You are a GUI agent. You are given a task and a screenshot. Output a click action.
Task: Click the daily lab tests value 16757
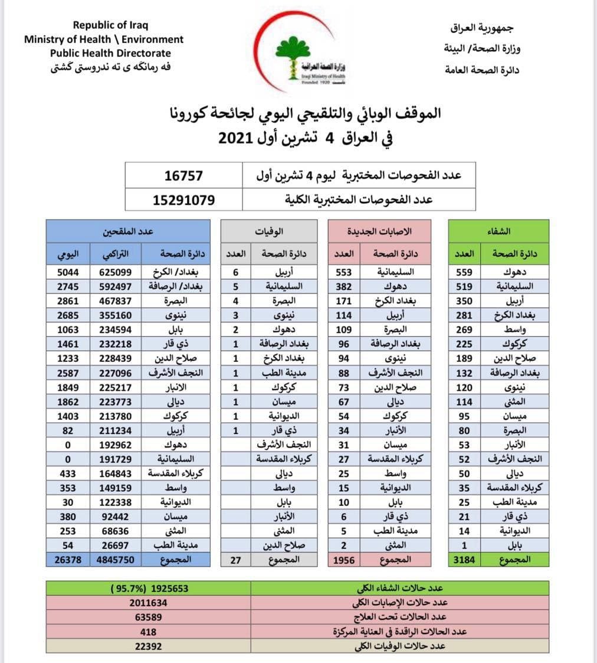click(183, 176)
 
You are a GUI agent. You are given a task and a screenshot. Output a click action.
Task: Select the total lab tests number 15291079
click(183, 200)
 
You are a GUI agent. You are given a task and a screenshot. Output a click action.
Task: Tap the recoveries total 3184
click(462, 559)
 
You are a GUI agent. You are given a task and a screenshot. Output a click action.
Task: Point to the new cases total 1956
click(343, 559)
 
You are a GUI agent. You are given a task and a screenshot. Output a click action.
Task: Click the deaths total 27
click(235, 559)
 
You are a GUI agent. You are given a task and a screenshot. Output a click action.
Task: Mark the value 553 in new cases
click(343, 272)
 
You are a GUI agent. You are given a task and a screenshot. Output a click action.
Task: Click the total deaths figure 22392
click(149, 646)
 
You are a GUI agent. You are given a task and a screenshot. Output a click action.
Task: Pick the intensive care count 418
click(149, 632)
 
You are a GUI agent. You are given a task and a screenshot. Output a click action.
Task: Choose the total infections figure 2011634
click(149, 603)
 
